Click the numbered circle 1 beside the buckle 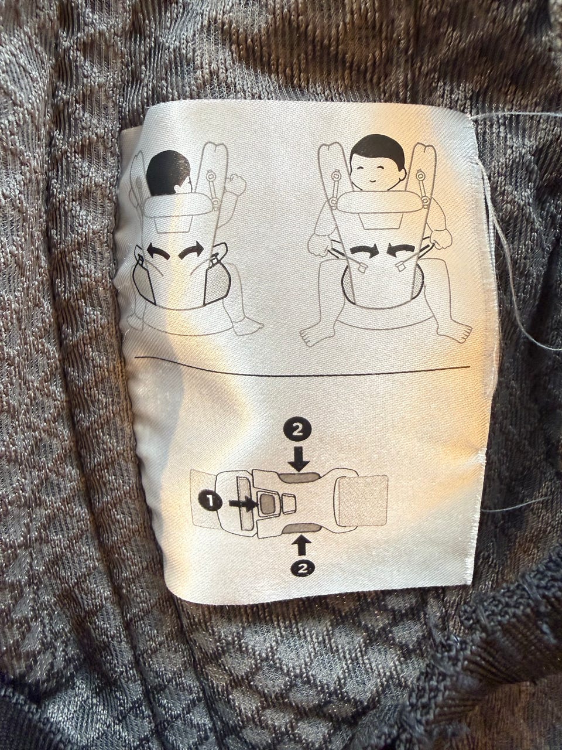pyautogui.click(x=209, y=502)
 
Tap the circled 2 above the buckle pyautogui.click(x=298, y=431)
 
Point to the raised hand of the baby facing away pyautogui.click(x=237, y=185)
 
